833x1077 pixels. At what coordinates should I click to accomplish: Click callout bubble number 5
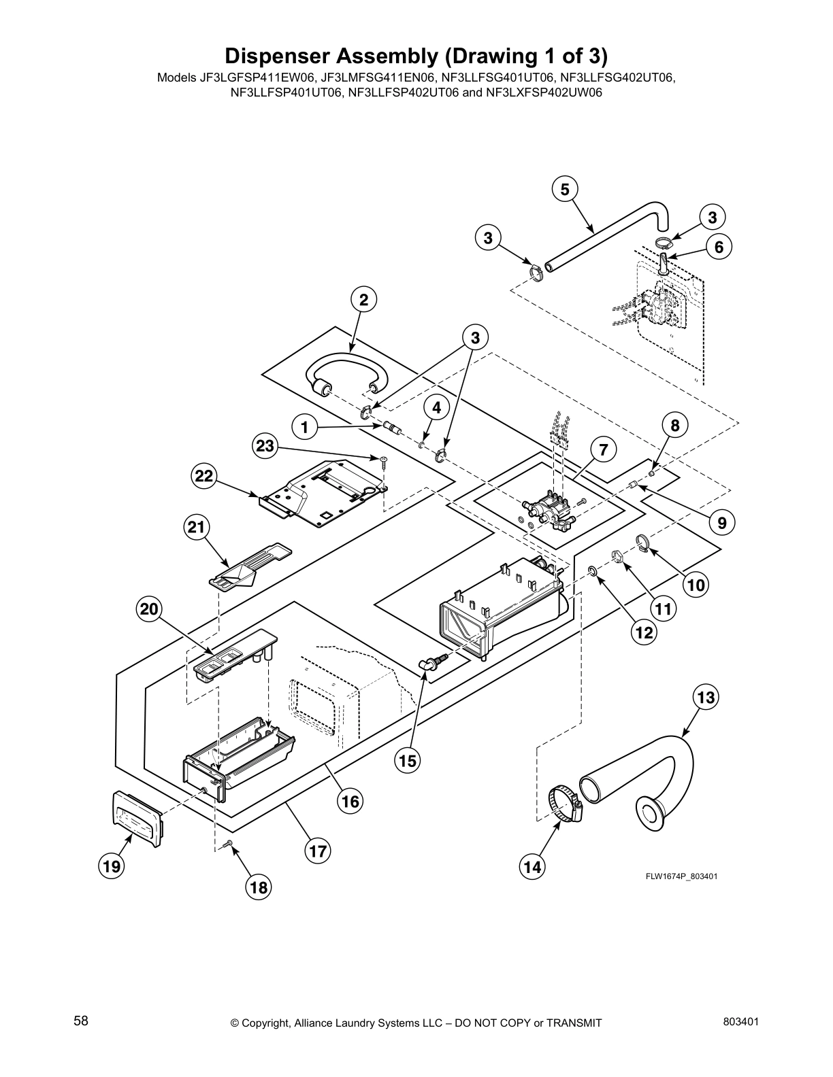(565, 189)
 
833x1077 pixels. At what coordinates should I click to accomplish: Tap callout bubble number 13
(706, 697)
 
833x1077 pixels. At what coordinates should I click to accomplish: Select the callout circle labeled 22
(203, 477)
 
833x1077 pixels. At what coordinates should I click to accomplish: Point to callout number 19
(112, 866)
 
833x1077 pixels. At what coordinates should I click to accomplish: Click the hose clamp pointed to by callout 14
(564, 803)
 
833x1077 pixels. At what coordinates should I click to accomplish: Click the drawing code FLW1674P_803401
(681, 876)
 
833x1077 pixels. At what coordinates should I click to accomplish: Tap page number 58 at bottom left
(81, 1021)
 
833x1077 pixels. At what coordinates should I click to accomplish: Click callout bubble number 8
(675, 426)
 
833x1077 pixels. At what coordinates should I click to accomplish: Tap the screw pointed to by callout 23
(384, 462)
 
